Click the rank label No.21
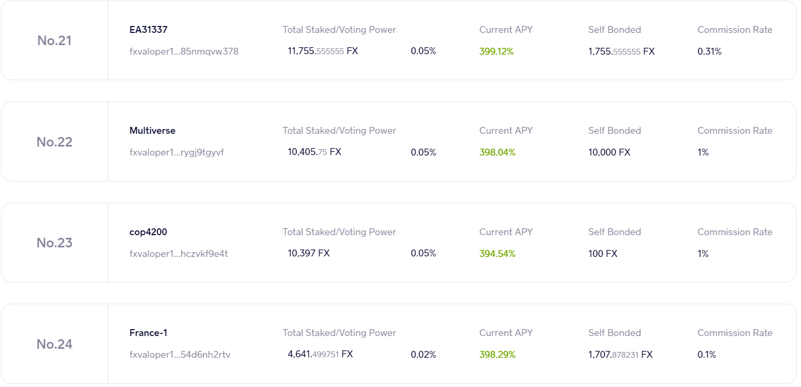click(x=54, y=41)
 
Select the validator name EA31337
click(x=149, y=30)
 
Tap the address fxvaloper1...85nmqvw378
click(x=184, y=51)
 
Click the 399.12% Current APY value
click(x=497, y=51)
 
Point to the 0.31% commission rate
click(x=709, y=51)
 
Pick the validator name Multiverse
click(x=152, y=131)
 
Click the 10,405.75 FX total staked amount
click(x=315, y=152)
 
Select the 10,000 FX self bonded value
click(x=609, y=152)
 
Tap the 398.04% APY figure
click(x=497, y=152)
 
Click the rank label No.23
click(x=54, y=243)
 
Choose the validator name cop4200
click(x=148, y=232)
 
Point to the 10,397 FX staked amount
click(x=309, y=254)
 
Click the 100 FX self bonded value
click(x=603, y=254)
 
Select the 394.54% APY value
click(x=497, y=254)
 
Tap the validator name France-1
click(x=148, y=333)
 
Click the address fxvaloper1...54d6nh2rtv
click(x=180, y=355)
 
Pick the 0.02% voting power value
click(x=423, y=355)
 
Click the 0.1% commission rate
click(x=707, y=355)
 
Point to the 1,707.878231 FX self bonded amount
click(x=620, y=355)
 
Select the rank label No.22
click(x=54, y=142)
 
